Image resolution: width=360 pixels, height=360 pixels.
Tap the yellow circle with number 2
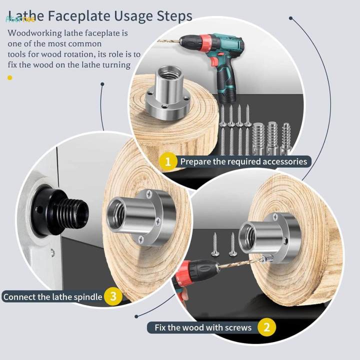coord(266,327)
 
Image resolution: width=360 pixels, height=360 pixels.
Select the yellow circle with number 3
coord(113,296)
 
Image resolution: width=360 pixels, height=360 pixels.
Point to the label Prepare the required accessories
coord(243,161)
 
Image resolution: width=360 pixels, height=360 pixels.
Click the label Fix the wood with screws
coord(203,327)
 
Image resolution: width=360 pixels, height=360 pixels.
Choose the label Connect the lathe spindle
coord(52,296)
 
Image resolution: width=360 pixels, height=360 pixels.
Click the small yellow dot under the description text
coord(9,77)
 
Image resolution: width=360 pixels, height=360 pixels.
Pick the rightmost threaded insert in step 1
coord(286,133)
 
